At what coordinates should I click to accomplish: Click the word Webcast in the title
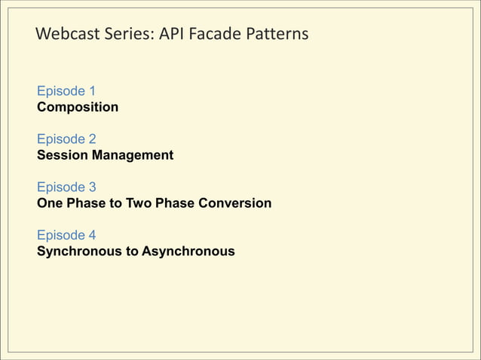point(66,35)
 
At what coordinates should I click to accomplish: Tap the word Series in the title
point(126,35)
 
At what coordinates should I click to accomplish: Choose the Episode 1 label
point(66,91)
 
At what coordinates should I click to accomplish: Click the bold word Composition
point(78,107)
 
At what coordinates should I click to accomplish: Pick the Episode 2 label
point(66,139)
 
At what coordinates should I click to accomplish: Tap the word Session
point(63,155)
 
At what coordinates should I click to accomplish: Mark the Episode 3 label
point(66,188)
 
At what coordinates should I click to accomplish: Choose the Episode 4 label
point(66,235)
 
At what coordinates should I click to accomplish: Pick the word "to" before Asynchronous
point(133,251)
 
